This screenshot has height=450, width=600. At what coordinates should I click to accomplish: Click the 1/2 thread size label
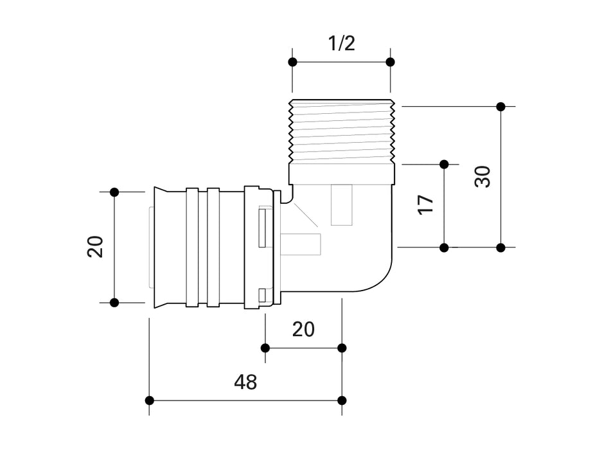[341, 44]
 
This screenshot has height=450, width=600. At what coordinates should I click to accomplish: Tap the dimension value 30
[482, 176]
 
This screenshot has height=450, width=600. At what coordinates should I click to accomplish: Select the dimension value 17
[426, 204]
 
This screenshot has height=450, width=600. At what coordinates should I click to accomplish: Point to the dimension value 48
[245, 382]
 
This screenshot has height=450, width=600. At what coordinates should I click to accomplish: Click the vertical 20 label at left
[95, 247]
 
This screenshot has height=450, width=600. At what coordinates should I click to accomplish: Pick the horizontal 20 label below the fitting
[303, 329]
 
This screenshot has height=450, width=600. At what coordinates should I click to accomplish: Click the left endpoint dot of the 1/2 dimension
[292, 62]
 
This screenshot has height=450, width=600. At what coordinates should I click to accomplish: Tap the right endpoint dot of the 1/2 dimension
[390, 62]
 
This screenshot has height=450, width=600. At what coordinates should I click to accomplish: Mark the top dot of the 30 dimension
[501, 106]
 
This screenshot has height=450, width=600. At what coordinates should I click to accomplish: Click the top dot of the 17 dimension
[444, 165]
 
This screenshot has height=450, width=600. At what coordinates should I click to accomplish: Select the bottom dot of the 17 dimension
[444, 247]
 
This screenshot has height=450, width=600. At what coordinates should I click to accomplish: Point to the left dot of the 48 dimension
[150, 401]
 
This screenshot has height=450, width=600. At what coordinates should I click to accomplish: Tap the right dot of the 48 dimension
[342, 401]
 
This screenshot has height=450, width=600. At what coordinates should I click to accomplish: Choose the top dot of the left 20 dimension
[114, 192]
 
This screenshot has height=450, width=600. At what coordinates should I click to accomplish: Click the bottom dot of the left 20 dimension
[114, 302]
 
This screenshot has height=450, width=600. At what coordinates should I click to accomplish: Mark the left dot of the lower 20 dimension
[265, 348]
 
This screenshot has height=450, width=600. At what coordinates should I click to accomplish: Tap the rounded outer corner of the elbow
[379, 282]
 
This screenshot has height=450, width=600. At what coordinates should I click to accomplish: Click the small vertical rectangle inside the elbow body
[342, 204]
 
